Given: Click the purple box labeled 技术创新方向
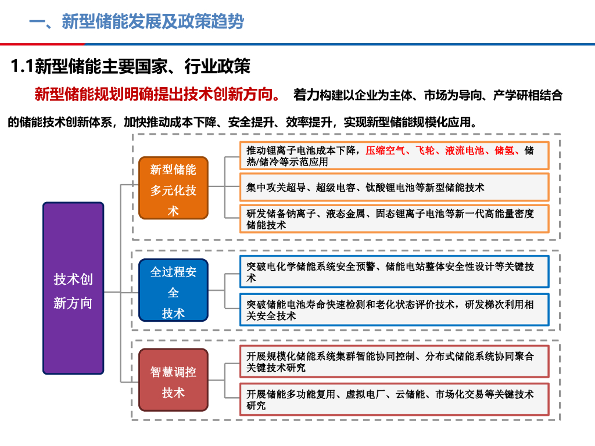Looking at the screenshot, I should click(73, 288).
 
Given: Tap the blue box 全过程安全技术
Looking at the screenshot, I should click(173, 290).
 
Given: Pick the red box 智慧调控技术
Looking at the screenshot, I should click(173, 382).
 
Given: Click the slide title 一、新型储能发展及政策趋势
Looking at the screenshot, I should click(137, 22).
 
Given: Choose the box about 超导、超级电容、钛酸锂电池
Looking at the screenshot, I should click(394, 188).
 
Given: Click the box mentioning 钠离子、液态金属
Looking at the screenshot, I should click(394, 219).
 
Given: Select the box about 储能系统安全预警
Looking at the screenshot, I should click(394, 272).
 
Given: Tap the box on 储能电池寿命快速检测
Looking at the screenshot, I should click(394, 310).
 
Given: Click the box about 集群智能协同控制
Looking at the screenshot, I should click(394, 361).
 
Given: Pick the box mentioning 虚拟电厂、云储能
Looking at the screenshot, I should click(394, 400).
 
